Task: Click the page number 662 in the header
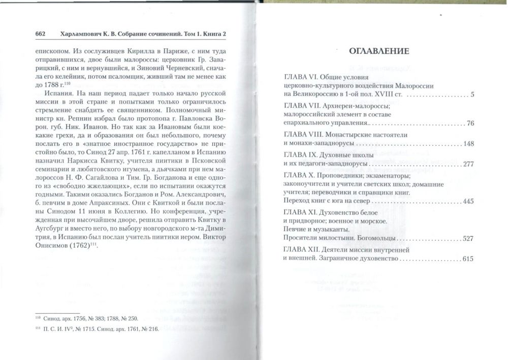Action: [41, 34]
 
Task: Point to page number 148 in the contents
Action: [467, 144]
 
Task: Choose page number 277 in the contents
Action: [467, 164]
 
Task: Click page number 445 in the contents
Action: [467, 201]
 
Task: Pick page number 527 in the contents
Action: [467, 238]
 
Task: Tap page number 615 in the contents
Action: [467, 259]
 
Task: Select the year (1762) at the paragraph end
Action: [85, 247]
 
